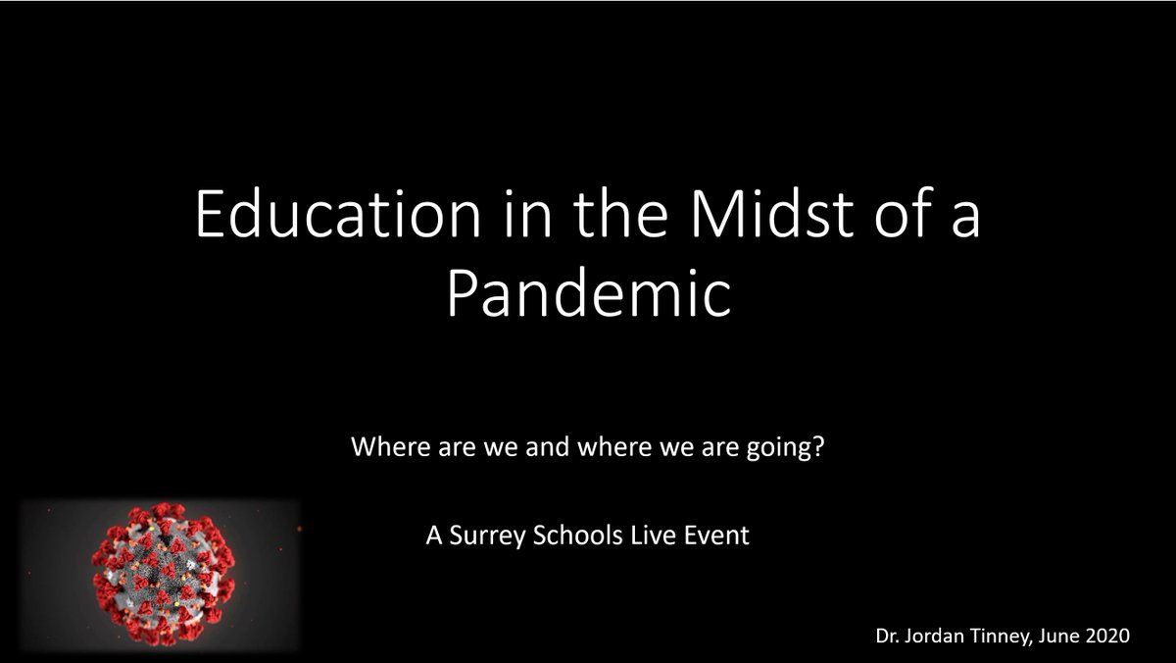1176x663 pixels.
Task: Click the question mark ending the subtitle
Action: (x=819, y=452)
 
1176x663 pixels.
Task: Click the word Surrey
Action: (x=475, y=537)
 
